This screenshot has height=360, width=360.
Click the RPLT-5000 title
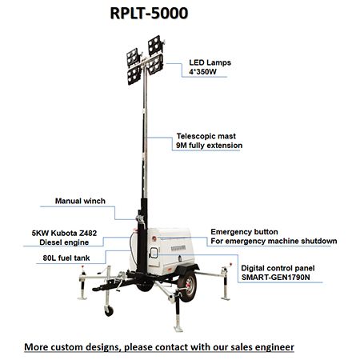coord(149,13)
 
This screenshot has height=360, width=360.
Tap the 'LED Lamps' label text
coord(210,62)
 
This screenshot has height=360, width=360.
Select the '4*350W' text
coord(202,72)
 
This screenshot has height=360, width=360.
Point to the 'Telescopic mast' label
coord(206,136)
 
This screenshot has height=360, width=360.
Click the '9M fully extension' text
coord(209,146)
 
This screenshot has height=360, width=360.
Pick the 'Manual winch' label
coord(80,201)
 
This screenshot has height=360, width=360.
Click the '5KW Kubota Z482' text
coord(64,233)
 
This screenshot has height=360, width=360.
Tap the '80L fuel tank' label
coord(66,258)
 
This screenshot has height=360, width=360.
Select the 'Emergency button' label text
coord(244,232)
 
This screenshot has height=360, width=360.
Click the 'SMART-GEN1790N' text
coord(275,278)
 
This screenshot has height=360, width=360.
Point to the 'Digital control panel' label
coord(278,268)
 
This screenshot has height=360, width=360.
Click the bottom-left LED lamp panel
coord(134,75)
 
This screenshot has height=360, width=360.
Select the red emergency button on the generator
coord(154,238)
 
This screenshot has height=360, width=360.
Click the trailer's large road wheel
coord(188,286)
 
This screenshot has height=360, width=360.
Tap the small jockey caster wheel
coord(109,310)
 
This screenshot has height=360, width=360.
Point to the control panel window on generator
coord(154,253)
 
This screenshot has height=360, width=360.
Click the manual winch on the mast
coord(140,220)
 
